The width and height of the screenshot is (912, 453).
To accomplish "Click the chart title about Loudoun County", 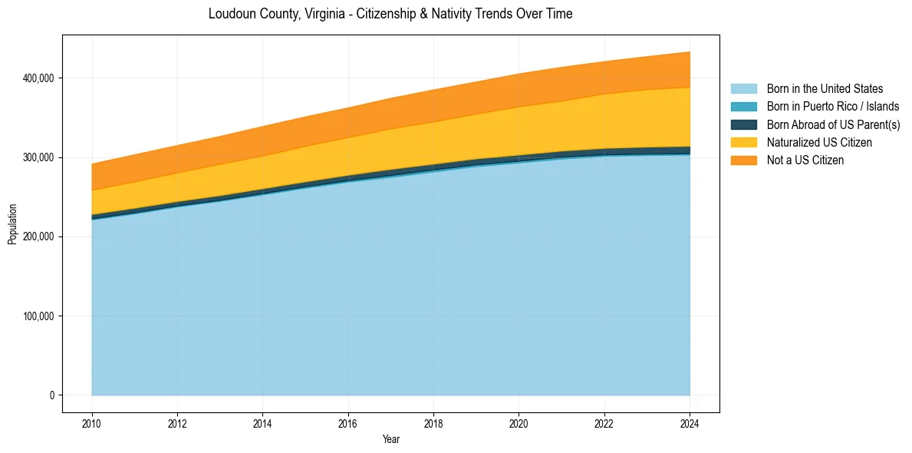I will pyautogui.click(x=390, y=14).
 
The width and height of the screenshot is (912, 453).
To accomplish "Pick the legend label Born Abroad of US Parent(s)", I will pyautogui.click(x=833, y=124).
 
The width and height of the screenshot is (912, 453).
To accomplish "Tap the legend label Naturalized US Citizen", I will pyautogui.click(x=819, y=142).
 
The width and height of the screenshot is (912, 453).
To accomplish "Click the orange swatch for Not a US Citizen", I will pyautogui.click(x=743, y=160).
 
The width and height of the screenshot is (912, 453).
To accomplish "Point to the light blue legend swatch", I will pyautogui.click(x=743, y=89).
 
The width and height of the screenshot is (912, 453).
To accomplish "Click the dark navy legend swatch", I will pyautogui.click(x=743, y=124).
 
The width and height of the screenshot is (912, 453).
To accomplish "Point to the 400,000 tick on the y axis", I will pyautogui.click(x=39, y=78).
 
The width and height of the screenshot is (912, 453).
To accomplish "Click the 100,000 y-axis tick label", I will pyautogui.click(x=39, y=316).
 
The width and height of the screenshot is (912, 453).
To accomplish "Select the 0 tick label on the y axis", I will pyautogui.click(x=52, y=395).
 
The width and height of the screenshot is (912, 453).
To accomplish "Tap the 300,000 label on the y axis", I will pyautogui.click(x=39, y=157).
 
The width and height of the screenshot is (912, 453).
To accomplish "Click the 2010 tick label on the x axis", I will pyautogui.click(x=92, y=423).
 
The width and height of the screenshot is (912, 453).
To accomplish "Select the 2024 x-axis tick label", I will pyautogui.click(x=690, y=423).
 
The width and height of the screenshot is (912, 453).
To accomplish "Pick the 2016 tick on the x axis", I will pyautogui.click(x=348, y=423).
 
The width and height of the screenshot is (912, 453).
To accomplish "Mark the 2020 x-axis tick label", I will pyautogui.click(x=519, y=423).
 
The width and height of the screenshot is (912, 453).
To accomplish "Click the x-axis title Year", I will pyautogui.click(x=390, y=440).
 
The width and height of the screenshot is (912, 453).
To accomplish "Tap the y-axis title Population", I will pyautogui.click(x=12, y=224).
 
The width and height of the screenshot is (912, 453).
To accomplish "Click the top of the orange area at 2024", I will pyautogui.click(x=690, y=52).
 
